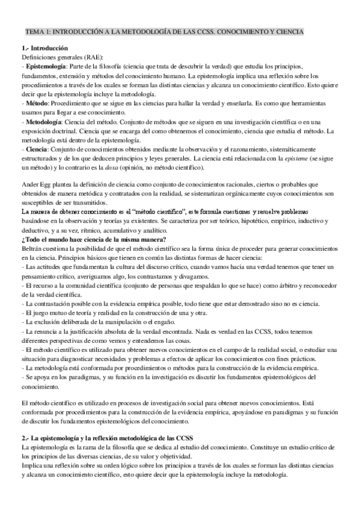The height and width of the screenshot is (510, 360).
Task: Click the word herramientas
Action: pyautogui.click(x=320, y=103)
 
